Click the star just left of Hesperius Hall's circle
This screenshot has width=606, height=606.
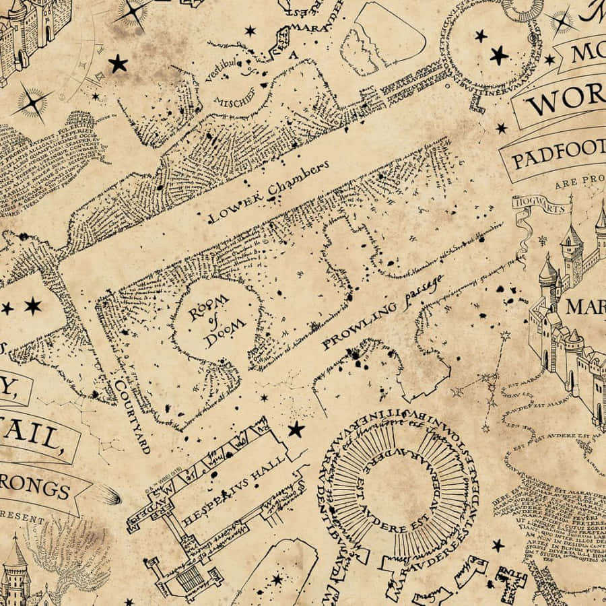tap(296, 430)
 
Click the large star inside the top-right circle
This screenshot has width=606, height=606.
tap(499, 55)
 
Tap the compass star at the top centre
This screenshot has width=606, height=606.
tap(134, 12)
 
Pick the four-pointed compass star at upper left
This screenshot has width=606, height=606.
tap(32, 103)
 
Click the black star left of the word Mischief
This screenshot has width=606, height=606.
tap(119, 64)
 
